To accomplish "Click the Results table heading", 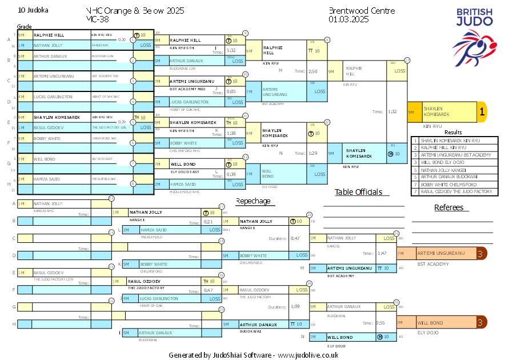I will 453,133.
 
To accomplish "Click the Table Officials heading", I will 358,193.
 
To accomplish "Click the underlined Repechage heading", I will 253,201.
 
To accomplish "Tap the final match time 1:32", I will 376,112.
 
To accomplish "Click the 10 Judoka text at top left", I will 34,10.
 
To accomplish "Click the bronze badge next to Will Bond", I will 482,323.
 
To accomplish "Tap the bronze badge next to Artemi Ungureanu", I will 482,253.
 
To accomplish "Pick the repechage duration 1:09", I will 295,307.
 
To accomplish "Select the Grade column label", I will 24,27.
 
